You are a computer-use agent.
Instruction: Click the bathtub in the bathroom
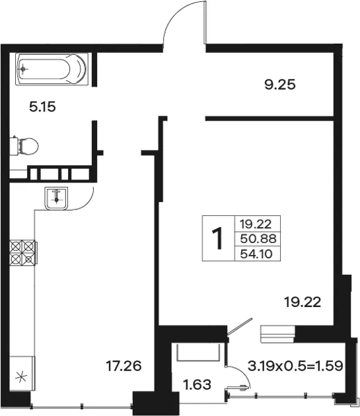[x=52, y=69]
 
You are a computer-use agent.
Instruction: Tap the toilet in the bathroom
[x=24, y=146]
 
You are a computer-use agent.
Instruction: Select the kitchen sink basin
[x=56, y=199]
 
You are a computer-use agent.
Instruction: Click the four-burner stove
[x=23, y=252]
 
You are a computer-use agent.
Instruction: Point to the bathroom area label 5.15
[x=42, y=107]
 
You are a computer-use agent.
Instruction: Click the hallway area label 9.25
[x=280, y=85]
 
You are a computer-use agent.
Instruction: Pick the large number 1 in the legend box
[x=218, y=238]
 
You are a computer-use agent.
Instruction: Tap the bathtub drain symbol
[x=24, y=69]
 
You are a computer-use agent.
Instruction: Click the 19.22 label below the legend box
[x=303, y=302]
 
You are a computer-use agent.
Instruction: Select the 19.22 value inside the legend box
[x=256, y=225]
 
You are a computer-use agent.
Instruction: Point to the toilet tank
[x=14, y=146]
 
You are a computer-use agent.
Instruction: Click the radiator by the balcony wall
[x=277, y=334]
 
